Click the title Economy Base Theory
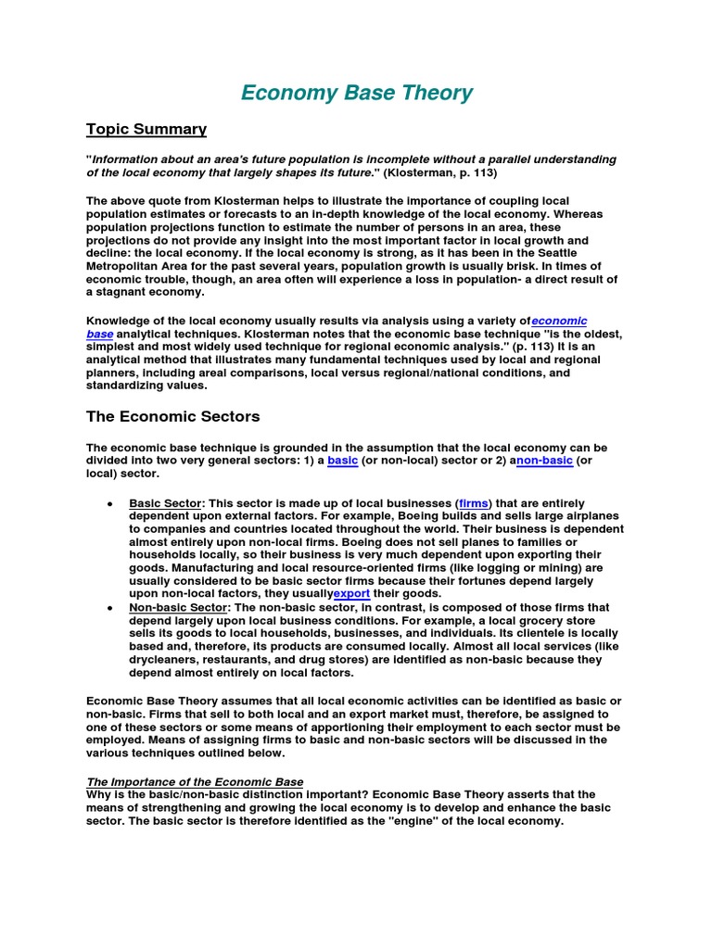356,93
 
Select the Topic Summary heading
146,129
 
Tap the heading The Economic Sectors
172,416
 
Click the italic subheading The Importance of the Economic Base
195,782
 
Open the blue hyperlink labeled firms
474,503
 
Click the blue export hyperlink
352,593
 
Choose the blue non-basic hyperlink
546,460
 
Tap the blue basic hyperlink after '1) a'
342,460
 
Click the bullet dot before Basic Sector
110,503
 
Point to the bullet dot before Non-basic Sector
110,608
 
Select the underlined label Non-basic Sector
177,608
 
